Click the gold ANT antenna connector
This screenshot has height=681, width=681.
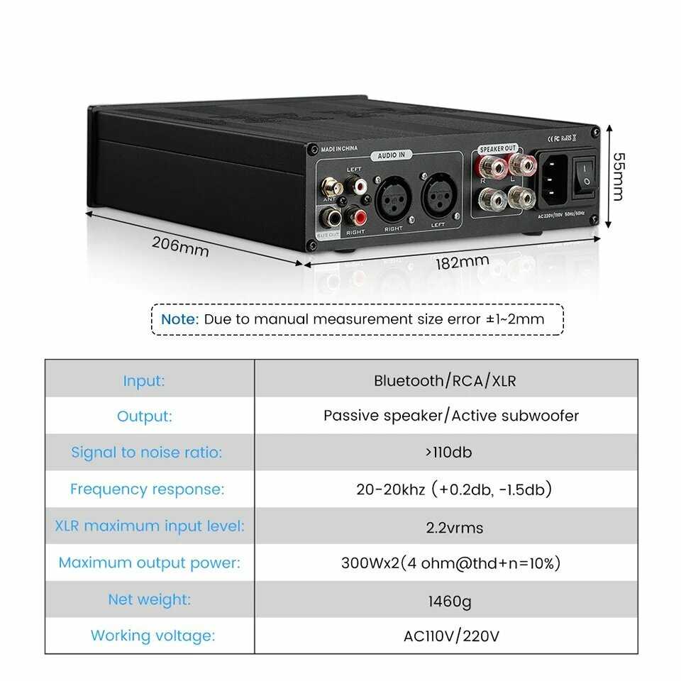pyautogui.click(x=331, y=187)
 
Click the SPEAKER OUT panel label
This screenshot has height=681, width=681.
pyautogui.click(x=498, y=149)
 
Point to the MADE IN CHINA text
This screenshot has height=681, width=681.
pyautogui.click(x=339, y=149)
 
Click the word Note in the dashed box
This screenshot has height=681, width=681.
pyautogui.click(x=179, y=319)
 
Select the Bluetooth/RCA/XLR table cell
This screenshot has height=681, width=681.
pyautogui.click(x=445, y=381)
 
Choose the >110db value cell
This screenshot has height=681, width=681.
pyautogui.click(x=445, y=452)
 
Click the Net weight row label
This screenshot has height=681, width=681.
pyautogui.click(x=149, y=599)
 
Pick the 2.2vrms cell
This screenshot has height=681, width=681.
pyautogui.click(x=445, y=526)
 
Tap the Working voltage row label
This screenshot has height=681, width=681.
pyautogui.click(x=153, y=636)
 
